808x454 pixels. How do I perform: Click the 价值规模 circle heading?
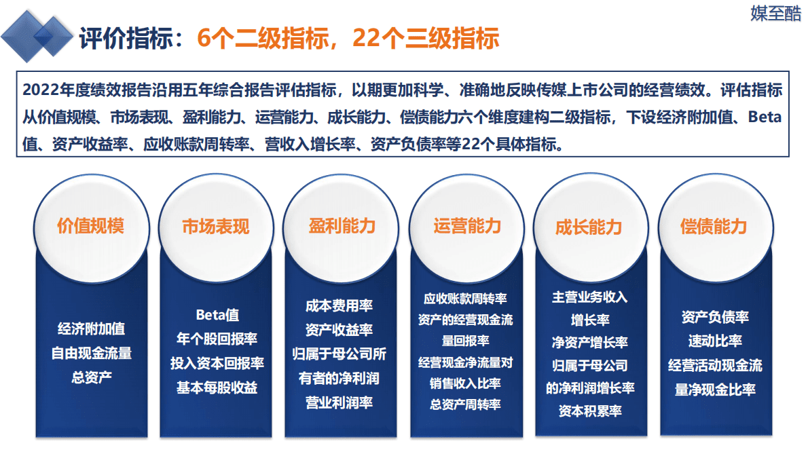pos(90,226)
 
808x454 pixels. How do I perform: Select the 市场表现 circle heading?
pos(216,226)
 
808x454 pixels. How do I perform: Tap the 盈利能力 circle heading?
pos(342,226)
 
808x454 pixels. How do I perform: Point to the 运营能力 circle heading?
pos(467,226)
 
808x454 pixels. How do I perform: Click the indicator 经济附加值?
pos(91,329)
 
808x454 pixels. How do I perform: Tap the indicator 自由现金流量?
pos(91,353)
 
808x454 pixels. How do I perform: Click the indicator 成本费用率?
pos(339,305)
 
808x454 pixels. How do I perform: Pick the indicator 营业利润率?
pos(339,403)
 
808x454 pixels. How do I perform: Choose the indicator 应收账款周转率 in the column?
pos(465,299)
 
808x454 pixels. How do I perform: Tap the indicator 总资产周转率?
pos(465,404)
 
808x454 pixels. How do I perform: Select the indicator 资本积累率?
pos(590,411)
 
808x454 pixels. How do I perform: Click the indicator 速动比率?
pos(715,341)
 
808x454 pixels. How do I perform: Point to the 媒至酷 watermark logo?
pos(775,13)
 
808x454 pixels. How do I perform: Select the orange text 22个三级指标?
pos(426,38)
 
